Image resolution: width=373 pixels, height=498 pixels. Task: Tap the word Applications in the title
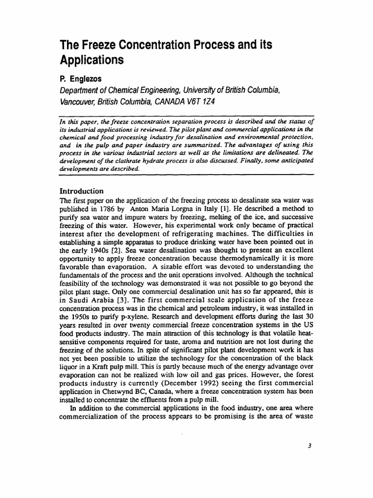(91, 60)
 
